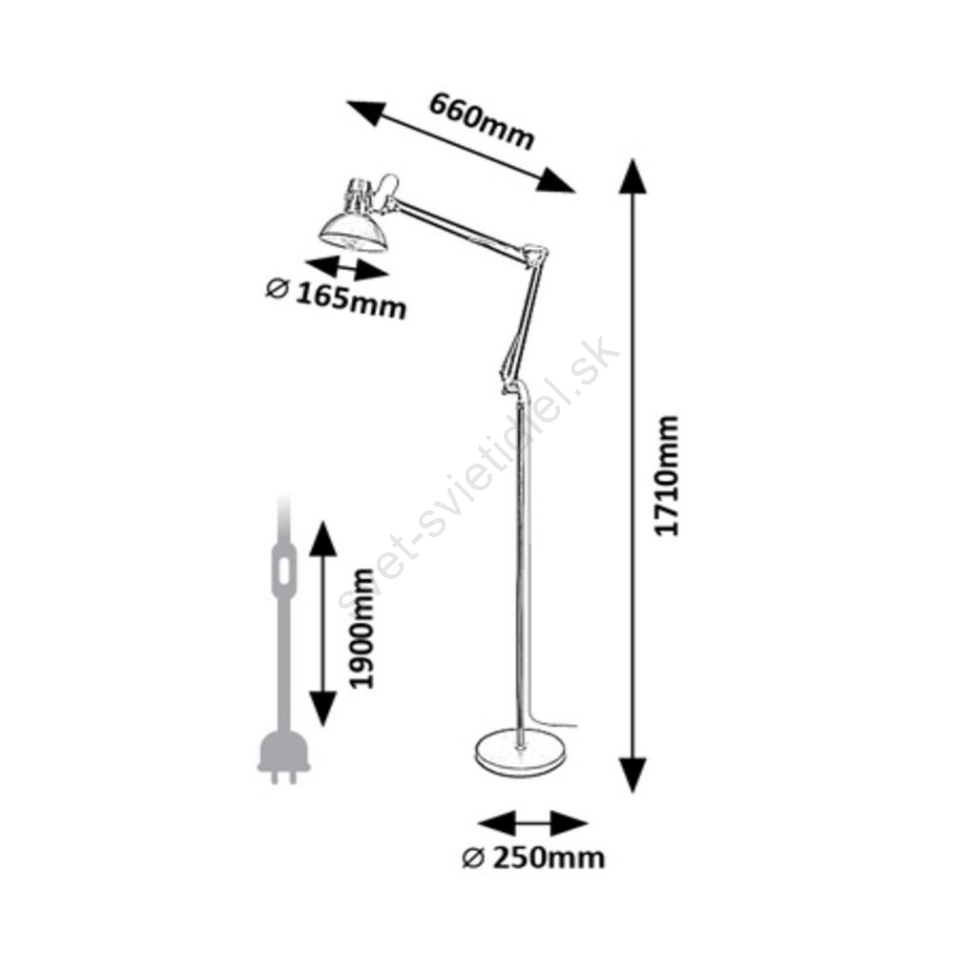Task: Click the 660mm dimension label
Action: pyautogui.click(x=481, y=121)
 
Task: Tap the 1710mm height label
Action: pyautogui.click(x=666, y=475)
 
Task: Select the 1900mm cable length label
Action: pyautogui.click(x=362, y=629)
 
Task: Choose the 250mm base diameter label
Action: pyautogui.click(x=549, y=858)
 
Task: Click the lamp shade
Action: pyautogui.click(x=353, y=232)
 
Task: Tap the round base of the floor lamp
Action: pyautogui.click(x=520, y=754)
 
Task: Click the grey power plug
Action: pyautogui.click(x=283, y=758)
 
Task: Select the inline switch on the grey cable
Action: pyautogui.click(x=283, y=570)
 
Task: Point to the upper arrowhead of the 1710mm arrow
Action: pyautogui.click(x=633, y=176)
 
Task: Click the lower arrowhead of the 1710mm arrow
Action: pyautogui.click(x=633, y=775)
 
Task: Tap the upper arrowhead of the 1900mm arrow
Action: pyautogui.click(x=322, y=539)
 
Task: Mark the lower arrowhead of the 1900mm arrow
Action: pyautogui.click(x=322, y=709)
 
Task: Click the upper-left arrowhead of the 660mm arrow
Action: pyautogui.click(x=366, y=112)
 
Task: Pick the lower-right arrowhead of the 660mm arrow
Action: pyautogui.click(x=555, y=181)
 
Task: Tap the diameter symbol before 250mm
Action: pyautogui.click(x=473, y=859)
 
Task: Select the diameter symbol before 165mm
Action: pyautogui.click(x=277, y=289)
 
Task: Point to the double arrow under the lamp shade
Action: pyautogui.click(x=346, y=268)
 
